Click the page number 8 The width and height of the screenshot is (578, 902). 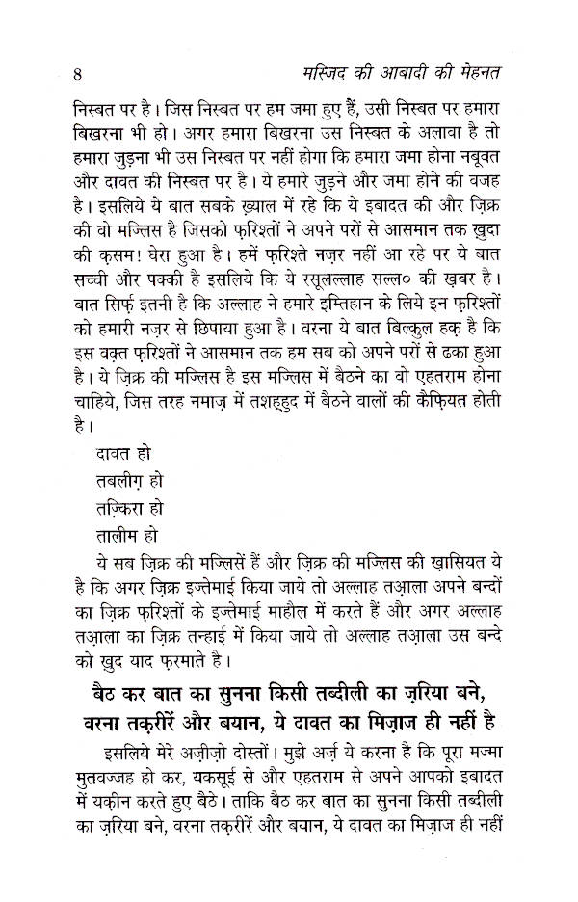point(77,72)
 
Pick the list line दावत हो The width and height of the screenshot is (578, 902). point(124,451)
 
